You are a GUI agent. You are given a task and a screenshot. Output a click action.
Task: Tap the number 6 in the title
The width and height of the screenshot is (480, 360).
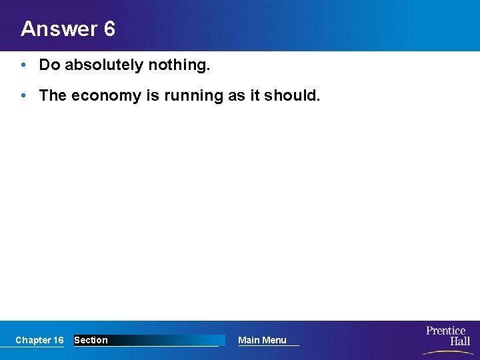(109, 29)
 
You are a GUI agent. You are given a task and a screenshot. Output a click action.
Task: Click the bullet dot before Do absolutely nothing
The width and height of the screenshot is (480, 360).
(23, 65)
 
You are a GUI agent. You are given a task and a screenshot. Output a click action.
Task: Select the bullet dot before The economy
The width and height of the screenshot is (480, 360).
(23, 95)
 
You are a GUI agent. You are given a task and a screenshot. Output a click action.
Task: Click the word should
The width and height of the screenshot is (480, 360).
(292, 95)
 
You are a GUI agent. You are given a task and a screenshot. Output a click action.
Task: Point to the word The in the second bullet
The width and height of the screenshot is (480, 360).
(53, 95)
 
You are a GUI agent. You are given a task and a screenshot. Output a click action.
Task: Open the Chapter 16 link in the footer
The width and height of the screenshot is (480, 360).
(39, 340)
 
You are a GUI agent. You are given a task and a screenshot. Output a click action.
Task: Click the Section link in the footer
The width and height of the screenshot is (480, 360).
(91, 340)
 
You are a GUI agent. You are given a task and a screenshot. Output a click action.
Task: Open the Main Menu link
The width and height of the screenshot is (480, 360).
(262, 340)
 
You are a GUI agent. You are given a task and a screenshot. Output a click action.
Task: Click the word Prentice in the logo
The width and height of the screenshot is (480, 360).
(446, 331)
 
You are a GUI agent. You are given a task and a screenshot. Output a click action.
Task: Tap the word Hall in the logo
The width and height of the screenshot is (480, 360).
(459, 341)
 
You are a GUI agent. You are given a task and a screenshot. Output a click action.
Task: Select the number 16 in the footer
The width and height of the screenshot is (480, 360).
(58, 340)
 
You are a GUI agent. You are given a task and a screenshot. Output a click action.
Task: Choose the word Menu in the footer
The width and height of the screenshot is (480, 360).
(274, 340)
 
